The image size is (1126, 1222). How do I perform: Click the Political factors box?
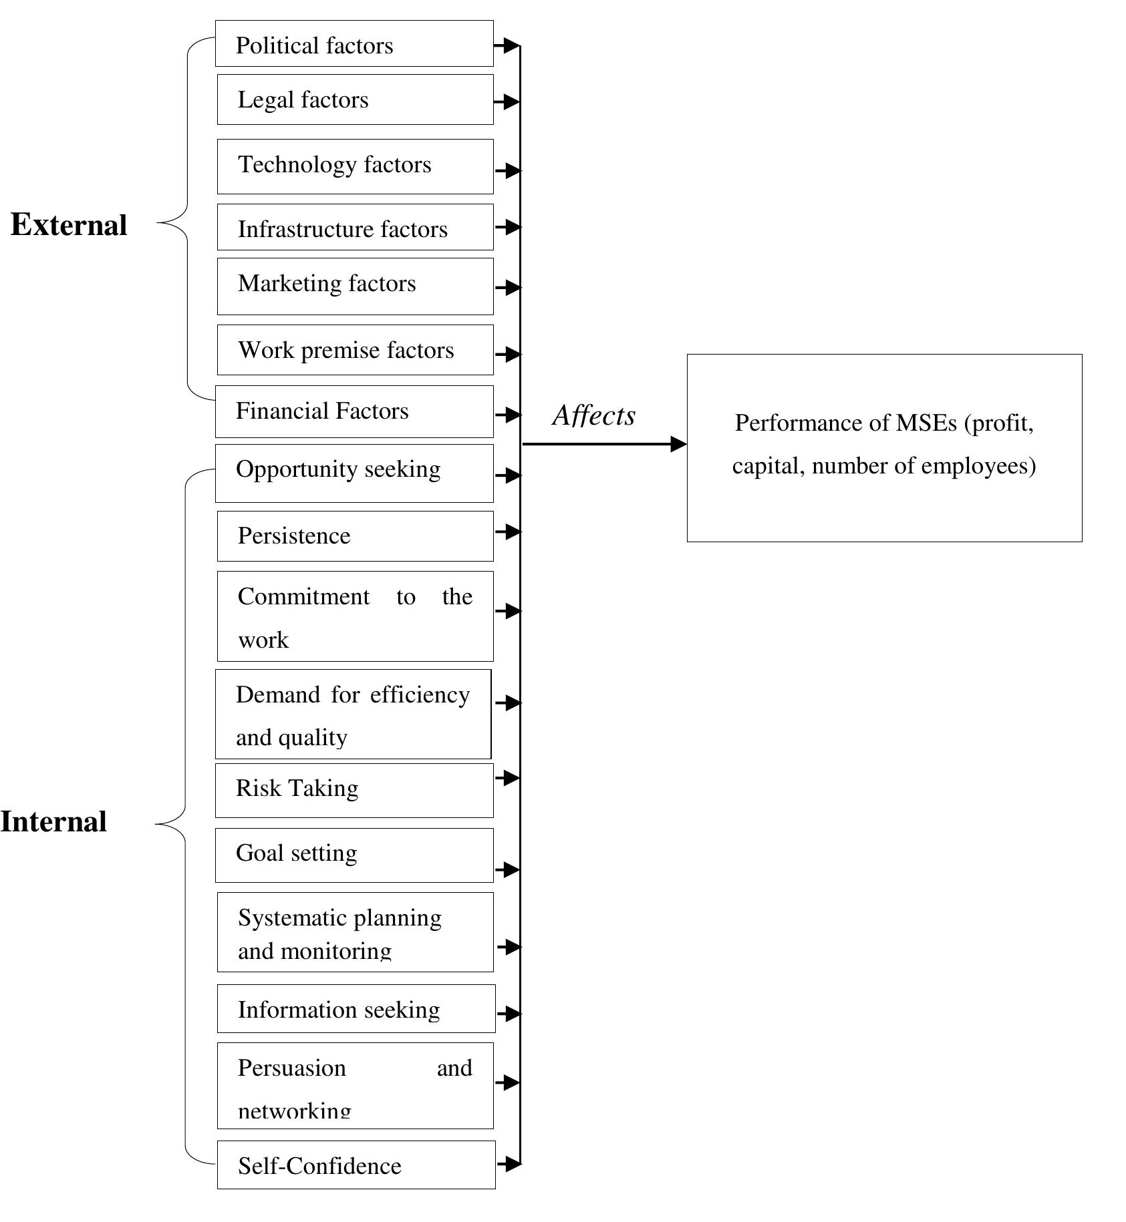click(354, 44)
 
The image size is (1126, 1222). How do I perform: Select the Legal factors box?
click(355, 99)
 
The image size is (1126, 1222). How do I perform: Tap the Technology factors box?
click(355, 166)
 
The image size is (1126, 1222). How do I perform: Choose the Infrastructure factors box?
click(355, 228)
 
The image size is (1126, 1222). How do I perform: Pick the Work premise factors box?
click(355, 350)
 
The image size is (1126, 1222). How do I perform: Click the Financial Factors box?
click(354, 411)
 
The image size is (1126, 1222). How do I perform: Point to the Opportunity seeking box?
click(354, 473)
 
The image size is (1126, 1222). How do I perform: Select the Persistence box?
click(355, 536)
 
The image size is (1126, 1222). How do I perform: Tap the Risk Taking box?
click(354, 791)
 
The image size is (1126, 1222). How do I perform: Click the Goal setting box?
click(354, 855)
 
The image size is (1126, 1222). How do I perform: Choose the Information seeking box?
click(356, 1008)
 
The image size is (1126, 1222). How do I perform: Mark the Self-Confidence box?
click(356, 1165)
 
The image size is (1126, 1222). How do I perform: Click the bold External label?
click(69, 225)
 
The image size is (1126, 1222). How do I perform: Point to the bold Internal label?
click(53, 821)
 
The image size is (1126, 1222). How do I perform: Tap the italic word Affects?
click(594, 415)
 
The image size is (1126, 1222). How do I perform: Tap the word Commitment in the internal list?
click(303, 596)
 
